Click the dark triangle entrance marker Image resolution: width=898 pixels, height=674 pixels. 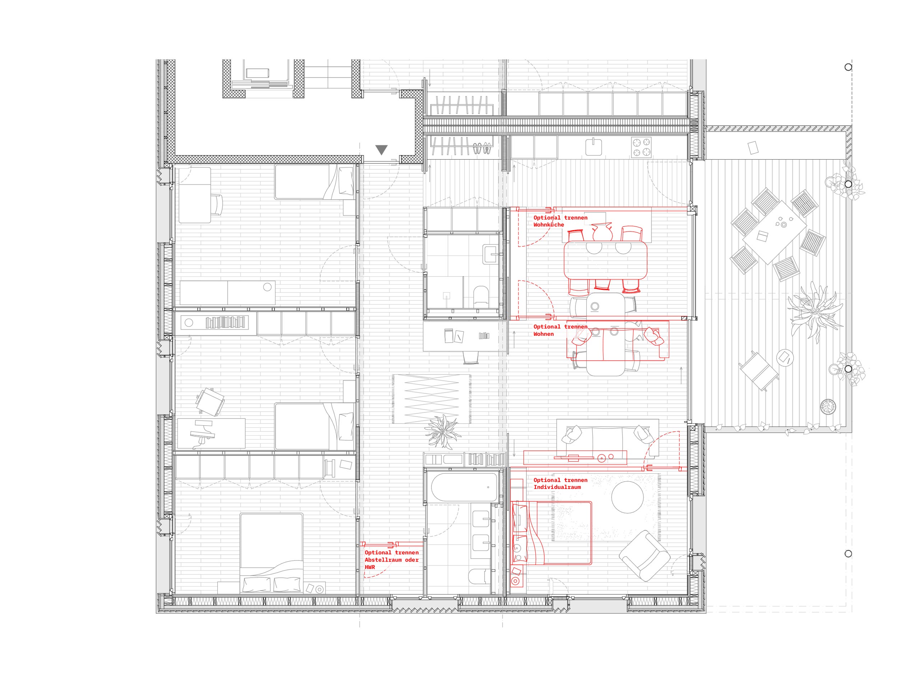[x=381, y=150]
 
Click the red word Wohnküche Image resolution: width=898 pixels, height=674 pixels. [x=548, y=225]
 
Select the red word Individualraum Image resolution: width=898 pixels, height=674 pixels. [x=557, y=487]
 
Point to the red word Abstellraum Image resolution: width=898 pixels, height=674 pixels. [x=383, y=560]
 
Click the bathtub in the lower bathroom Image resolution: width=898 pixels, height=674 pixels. [x=464, y=487]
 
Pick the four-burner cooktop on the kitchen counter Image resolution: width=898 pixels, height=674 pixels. [x=641, y=147]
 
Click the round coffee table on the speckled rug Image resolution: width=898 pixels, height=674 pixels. [x=627, y=497]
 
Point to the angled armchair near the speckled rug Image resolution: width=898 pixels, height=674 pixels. [x=645, y=555]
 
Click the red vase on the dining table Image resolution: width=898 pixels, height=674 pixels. [x=602, y=232]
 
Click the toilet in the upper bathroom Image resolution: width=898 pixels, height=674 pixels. [x=481, y=296]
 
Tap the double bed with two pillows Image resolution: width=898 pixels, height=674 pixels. [x=272, y=553]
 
